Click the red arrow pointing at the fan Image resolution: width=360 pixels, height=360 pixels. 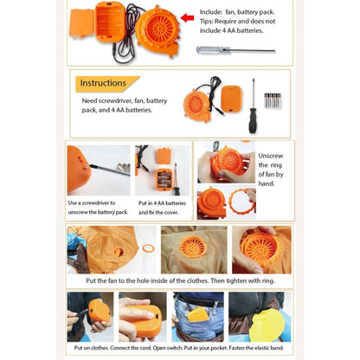[x=187, y=18]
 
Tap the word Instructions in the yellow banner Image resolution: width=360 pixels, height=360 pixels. [x=103, y=83]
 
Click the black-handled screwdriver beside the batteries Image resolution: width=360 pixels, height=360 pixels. [x=253, y=106]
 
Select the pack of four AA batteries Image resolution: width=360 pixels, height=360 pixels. [x=273, y=100]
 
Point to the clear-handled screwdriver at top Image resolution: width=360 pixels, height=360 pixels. [x=235, y=50]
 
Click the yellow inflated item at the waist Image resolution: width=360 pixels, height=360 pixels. [x=267, y=325]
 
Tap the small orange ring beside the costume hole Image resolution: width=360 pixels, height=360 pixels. [x=148, y=247]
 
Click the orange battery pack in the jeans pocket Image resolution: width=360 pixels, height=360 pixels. [x=197, y=314]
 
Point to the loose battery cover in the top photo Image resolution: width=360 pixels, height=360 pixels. [x=81, y=23]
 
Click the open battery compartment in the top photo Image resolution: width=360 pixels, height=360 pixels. [x=110, y=22]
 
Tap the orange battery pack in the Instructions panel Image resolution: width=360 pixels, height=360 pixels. [x=231, y=99]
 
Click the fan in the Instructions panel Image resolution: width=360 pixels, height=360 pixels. [x=197, y=106]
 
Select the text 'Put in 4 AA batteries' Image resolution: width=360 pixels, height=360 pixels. [x=162, y=203]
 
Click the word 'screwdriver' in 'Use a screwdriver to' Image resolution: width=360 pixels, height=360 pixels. [x=95, y=202]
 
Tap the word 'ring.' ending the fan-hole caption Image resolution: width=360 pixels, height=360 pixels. [x=268, y=280]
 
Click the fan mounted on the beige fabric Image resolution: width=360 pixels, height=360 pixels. [x=193, y=247]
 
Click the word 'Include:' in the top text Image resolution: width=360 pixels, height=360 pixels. [x=211, y=12]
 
